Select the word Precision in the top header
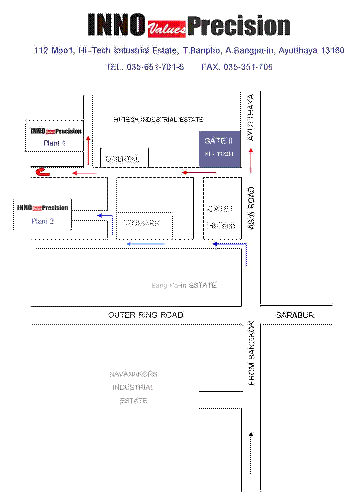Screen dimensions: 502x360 click(239, 26)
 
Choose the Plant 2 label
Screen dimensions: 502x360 click(43, 221)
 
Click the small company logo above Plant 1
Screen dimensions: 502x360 click(55, 131)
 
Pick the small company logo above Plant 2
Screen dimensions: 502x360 click(43, 207)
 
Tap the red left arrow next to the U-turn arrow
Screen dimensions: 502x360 click(84, 173)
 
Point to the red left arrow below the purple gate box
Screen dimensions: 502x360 click(199, 173)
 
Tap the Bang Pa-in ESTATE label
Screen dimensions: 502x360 click(184, 285)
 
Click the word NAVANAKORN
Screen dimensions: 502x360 click(133, 374)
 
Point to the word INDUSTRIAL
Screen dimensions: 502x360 click(133, 388)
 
